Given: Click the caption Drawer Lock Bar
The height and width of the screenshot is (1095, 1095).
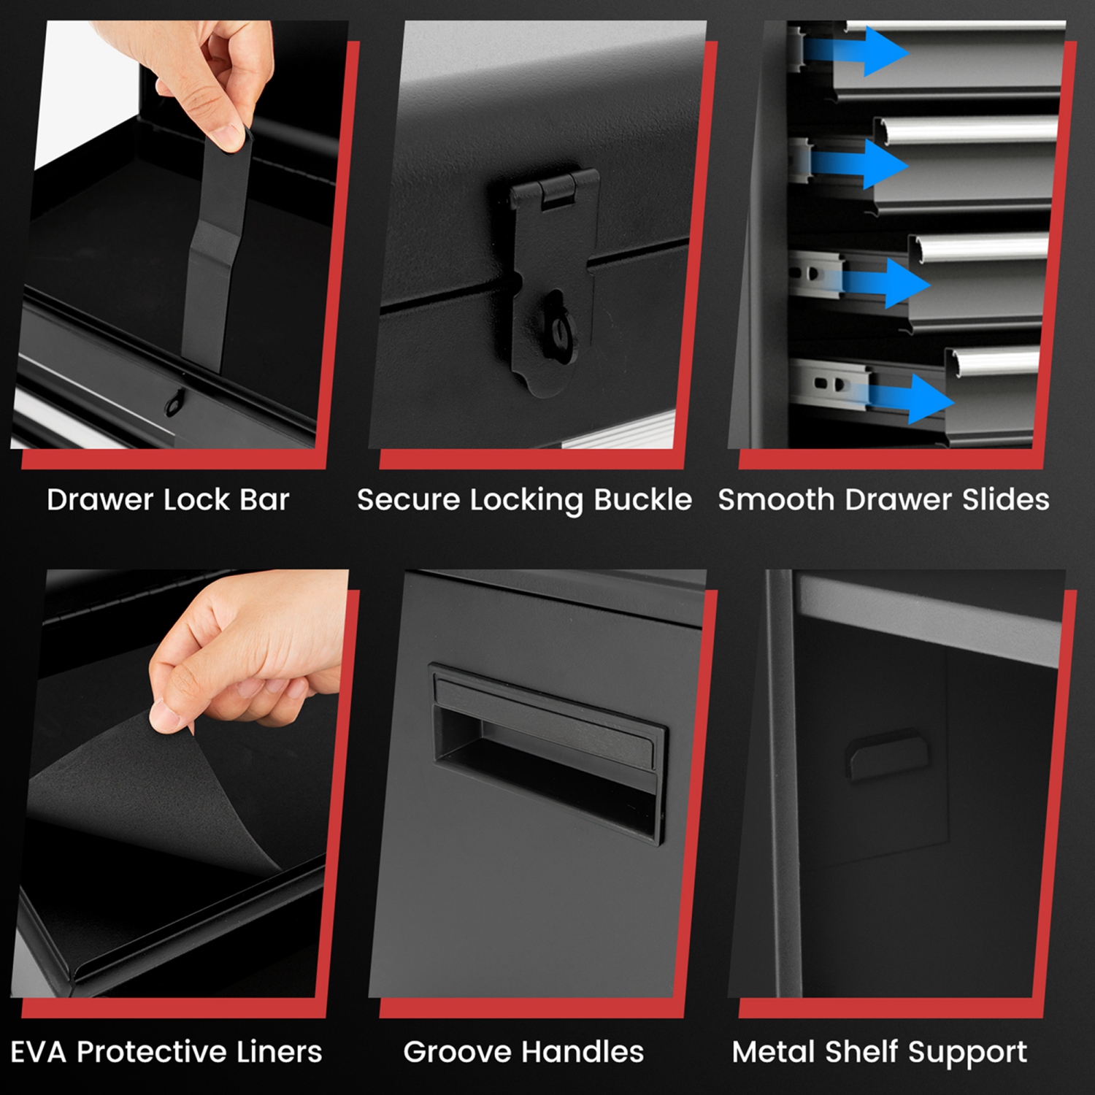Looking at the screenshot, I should click(168, 500).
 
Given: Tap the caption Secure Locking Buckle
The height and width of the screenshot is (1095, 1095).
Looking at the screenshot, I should click(524, 500).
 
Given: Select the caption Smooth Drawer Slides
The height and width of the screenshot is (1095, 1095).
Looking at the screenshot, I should click(883, 500).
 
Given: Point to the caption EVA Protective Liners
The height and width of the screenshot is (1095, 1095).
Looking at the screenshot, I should click(166, 1052).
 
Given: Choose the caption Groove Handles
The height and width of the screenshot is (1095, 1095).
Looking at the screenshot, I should click(523, 1052).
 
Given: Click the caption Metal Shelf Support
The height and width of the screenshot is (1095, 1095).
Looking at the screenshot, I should click(879, 1052).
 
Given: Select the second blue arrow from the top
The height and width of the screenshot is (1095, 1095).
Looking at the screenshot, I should click(861, 164).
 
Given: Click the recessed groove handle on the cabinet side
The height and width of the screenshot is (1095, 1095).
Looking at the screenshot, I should click(547, 752).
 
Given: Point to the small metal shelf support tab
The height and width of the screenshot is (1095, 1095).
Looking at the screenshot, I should click(887, 752).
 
